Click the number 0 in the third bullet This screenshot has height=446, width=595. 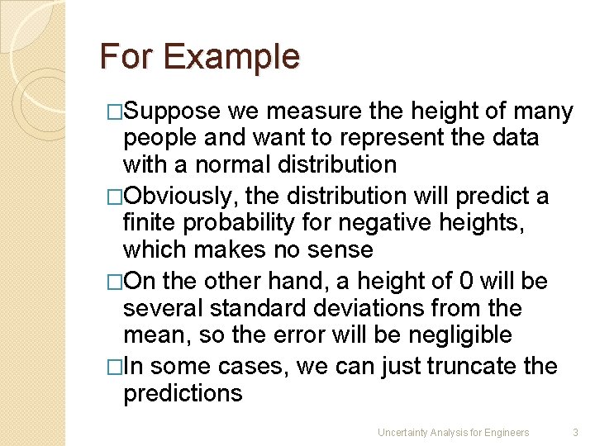[x=466, y=282]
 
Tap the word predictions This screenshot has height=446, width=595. [x=183, y=393]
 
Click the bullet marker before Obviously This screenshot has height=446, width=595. [x=114, y=197]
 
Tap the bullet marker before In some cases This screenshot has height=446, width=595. [x=114, y=366]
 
